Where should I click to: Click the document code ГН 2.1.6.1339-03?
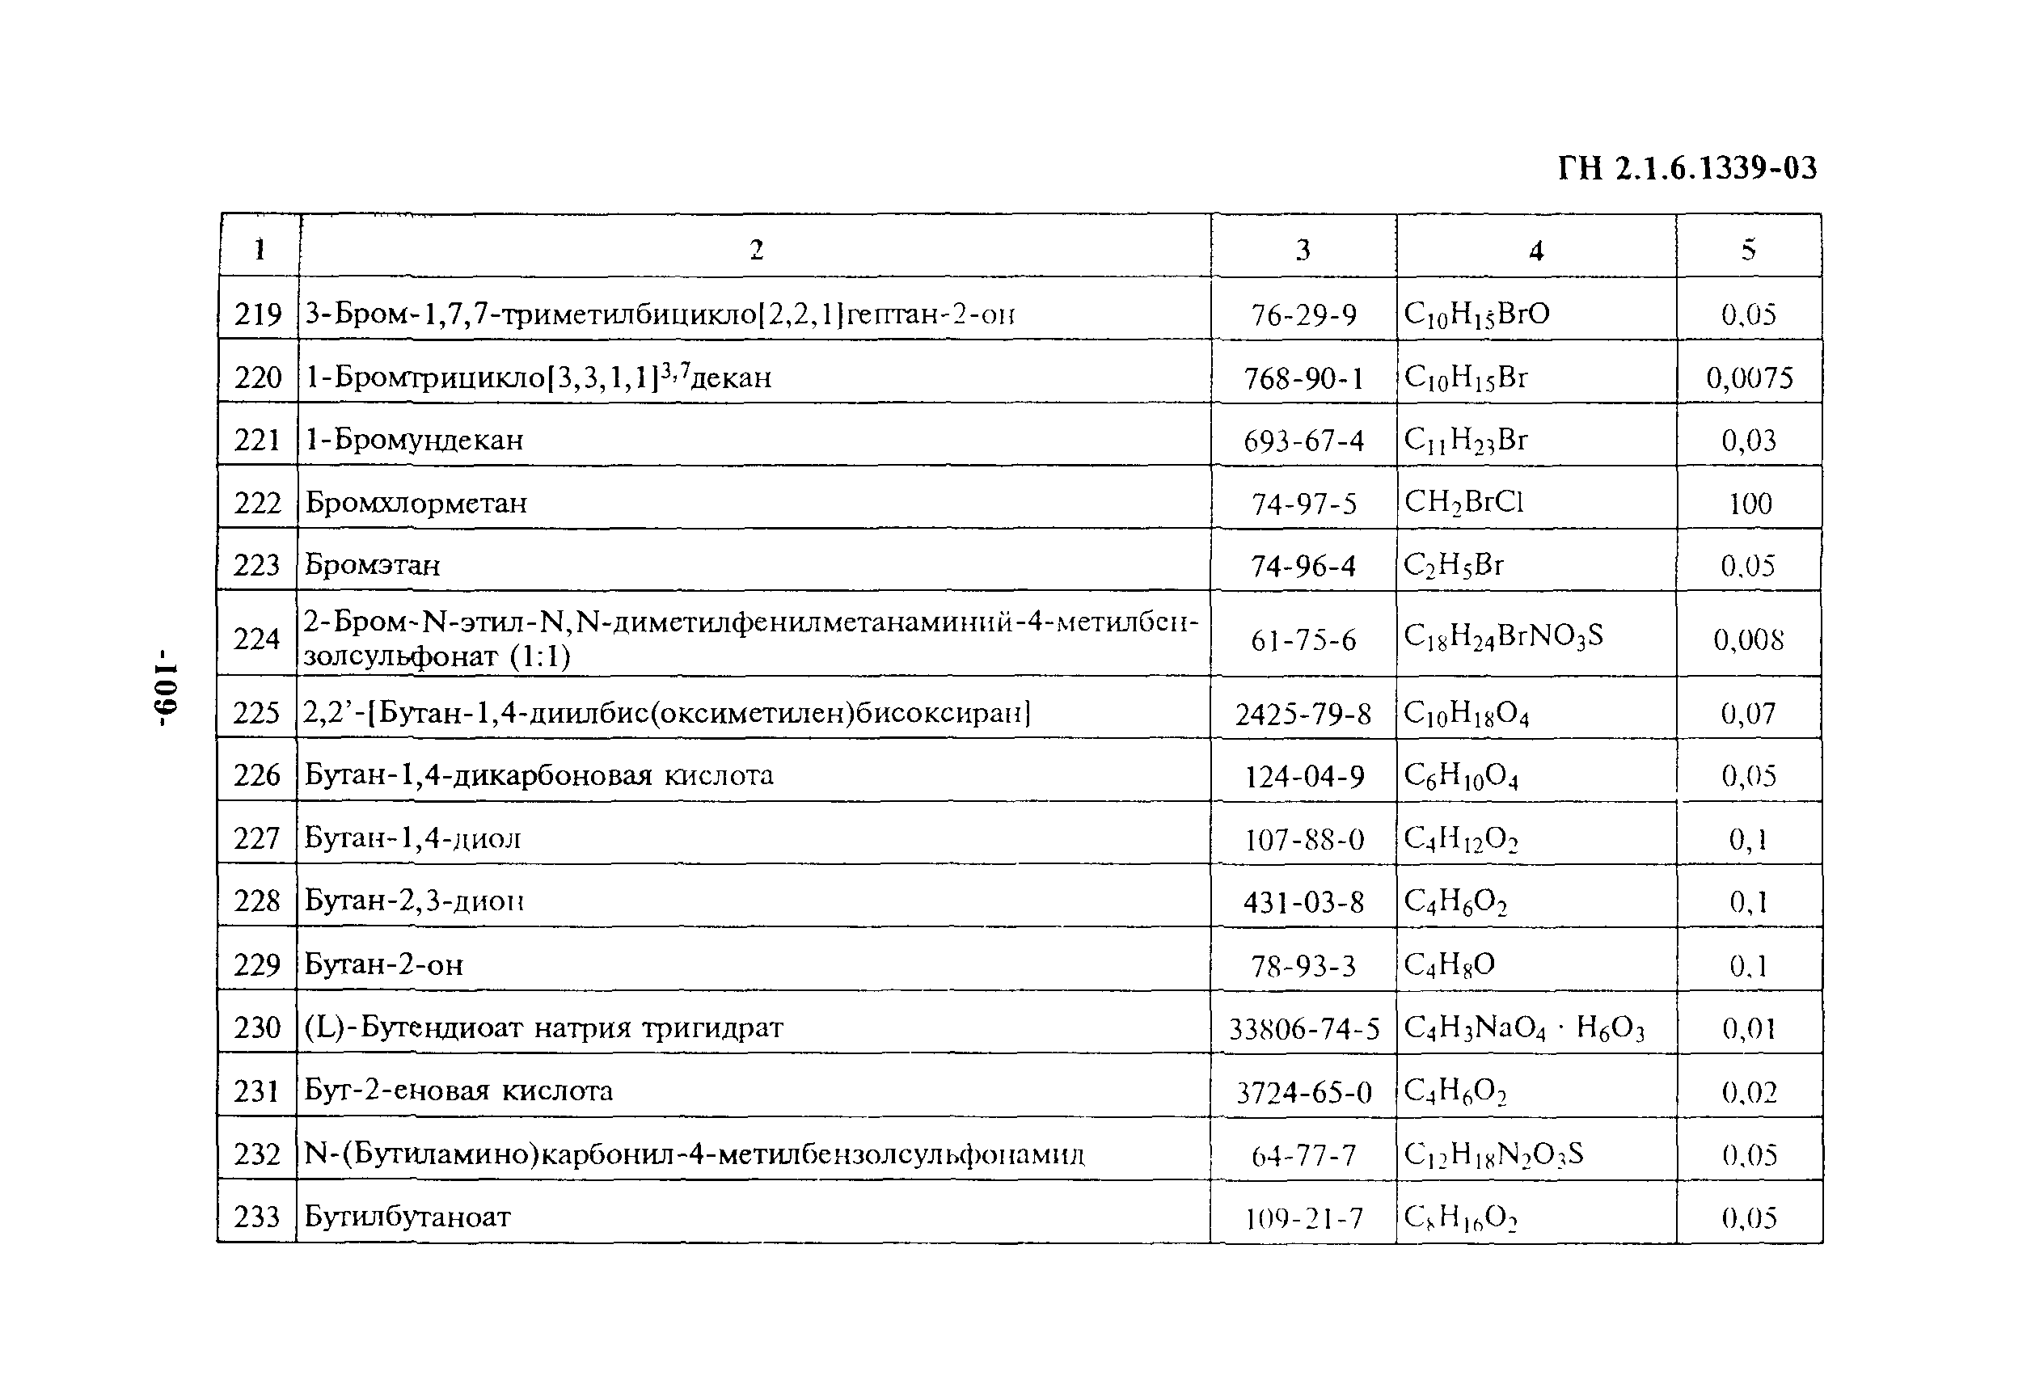point(1687,168)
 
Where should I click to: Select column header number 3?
point(1303,250)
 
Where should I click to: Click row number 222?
point(258,503)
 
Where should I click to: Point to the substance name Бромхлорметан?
point(416,503)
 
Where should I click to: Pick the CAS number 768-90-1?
point(1303,378)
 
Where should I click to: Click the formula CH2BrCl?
point(1463,502)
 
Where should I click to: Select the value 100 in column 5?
point(1750,504)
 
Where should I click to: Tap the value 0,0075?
point(1750,378)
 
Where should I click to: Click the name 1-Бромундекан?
point(414,439)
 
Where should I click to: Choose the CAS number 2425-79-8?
point(1303,714)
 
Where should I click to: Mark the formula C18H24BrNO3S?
point(1503,636)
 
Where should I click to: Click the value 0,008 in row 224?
point(1749,639)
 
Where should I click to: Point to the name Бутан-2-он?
point(384,964)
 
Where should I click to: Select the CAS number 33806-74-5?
point(1304,1029)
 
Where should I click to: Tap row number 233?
point(257,1216)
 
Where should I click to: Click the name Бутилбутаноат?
point(407,1216)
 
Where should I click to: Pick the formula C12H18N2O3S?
point(1493,1154)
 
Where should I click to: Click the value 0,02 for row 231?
point(1750,1091)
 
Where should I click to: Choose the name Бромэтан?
point(372,564)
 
